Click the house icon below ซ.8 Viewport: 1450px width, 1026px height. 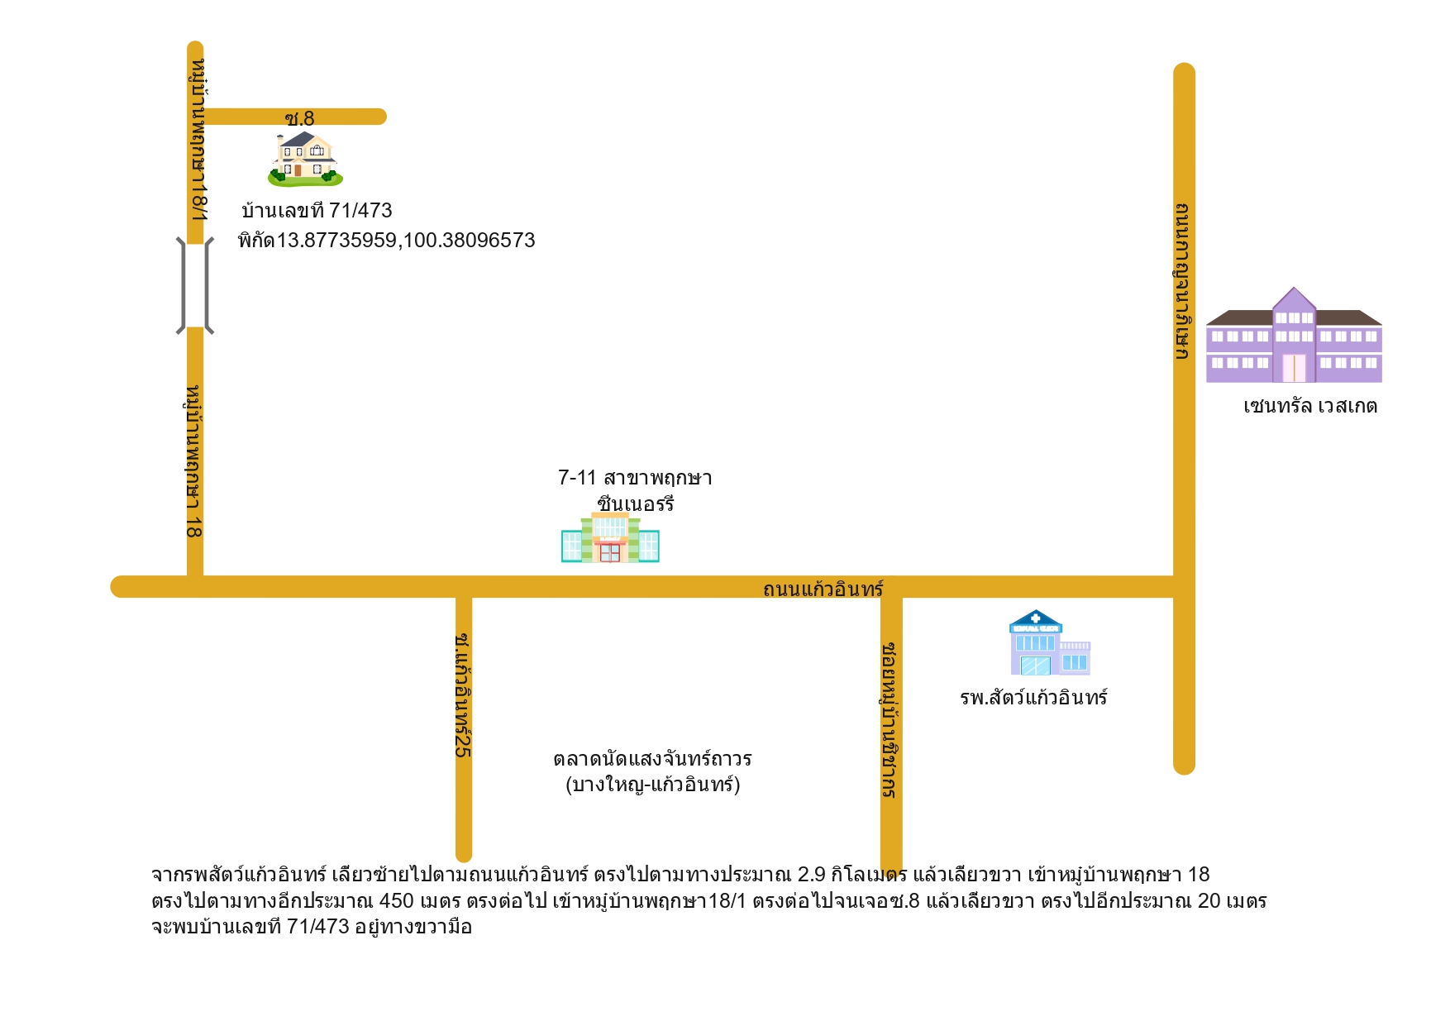point(305,160)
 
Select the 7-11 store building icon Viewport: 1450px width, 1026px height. point(610,537)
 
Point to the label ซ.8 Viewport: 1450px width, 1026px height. point(299,119)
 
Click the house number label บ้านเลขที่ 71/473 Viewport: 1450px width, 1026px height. point(317,211)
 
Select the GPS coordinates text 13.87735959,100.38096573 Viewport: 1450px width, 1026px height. point(405,241)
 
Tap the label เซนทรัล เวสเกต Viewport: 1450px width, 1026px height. point(1310,406)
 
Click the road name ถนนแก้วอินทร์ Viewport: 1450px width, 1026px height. point(823,589)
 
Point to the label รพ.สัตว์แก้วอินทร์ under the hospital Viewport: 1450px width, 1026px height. point(1033,697)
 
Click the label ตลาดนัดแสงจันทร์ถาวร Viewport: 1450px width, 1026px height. point(652,758)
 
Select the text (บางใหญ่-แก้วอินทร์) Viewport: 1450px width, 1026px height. point(652,784)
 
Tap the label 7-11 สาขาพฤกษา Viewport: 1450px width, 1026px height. point(635,478)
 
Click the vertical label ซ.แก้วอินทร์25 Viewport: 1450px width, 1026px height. point(463,695)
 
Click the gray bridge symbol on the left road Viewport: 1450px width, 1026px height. point(195,285)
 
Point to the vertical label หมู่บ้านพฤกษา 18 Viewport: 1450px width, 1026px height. point(193,461)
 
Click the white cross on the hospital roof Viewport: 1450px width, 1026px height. point(1035,618)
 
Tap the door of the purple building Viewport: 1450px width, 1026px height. point(1294,368)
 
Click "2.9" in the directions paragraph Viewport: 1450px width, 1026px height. point(812,875)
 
